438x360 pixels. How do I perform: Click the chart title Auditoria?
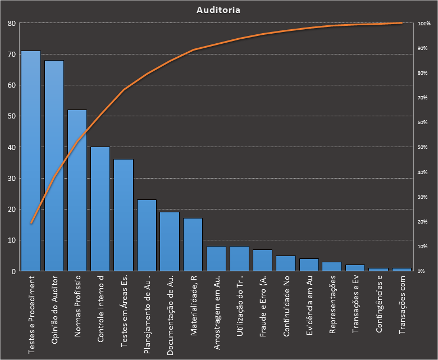coord(219,10)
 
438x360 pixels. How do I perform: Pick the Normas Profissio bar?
coord(77,190)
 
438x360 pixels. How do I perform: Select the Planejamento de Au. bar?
coord(147,235)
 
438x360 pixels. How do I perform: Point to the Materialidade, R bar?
coord(193,244)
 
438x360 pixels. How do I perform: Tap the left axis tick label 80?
coord(11,24)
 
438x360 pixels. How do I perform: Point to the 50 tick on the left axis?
coord(11,116)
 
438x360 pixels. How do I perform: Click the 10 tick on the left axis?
coord(11,240)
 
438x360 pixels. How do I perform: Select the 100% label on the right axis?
coord(424,24)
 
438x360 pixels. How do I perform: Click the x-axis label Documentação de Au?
coord(170,314)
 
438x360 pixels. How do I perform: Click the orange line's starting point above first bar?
coord(31,223)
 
